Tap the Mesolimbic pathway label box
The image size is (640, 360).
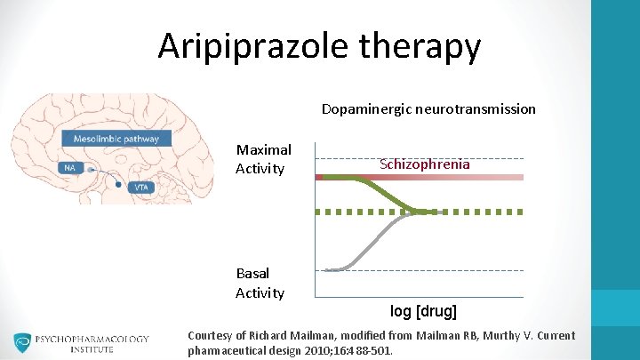point(116,139)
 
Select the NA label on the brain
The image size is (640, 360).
point(68,167)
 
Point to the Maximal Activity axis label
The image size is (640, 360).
point(263,159)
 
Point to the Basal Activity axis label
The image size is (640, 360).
point(260,283)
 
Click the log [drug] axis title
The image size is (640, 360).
point(423,311)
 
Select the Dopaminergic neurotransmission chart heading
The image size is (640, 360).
point(428,109)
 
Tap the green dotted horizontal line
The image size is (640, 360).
point(480,212)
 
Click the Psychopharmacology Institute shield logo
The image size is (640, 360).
point(22,343)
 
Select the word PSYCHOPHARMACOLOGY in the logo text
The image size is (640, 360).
point(92,339)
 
